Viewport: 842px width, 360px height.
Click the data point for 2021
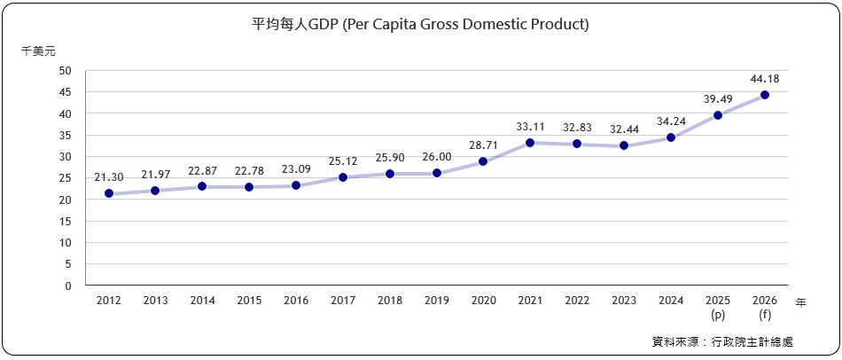click(x=530, y=143)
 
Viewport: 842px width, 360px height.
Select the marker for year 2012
click(x=108, y=193)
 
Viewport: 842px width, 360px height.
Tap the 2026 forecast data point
click(x=765, y=95)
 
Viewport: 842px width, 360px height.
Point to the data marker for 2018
click(x=390, y=174)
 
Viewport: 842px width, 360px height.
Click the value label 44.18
click(x=765, y=79)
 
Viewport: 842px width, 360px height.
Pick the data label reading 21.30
click(x=108, y=177)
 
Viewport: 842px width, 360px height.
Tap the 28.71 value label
click(x=483, y=145)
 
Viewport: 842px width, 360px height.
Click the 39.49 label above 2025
click(x=718, y=99)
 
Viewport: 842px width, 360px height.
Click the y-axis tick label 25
click(x=66, y=178)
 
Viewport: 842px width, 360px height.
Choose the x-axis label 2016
click(x=296, y=301)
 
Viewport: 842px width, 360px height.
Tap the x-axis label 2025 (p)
click(x=718, y=308)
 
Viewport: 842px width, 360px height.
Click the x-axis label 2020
click(x=483, y=301)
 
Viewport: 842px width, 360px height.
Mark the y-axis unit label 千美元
click(x=38, y=51)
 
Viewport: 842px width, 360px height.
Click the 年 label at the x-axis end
click(x=800, y=302)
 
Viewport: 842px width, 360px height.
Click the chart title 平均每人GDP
click(x=421, y=24)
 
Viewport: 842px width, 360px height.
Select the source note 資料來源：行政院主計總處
click(x=721, y=341)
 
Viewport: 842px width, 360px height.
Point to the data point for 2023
click(x=624, y=145)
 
